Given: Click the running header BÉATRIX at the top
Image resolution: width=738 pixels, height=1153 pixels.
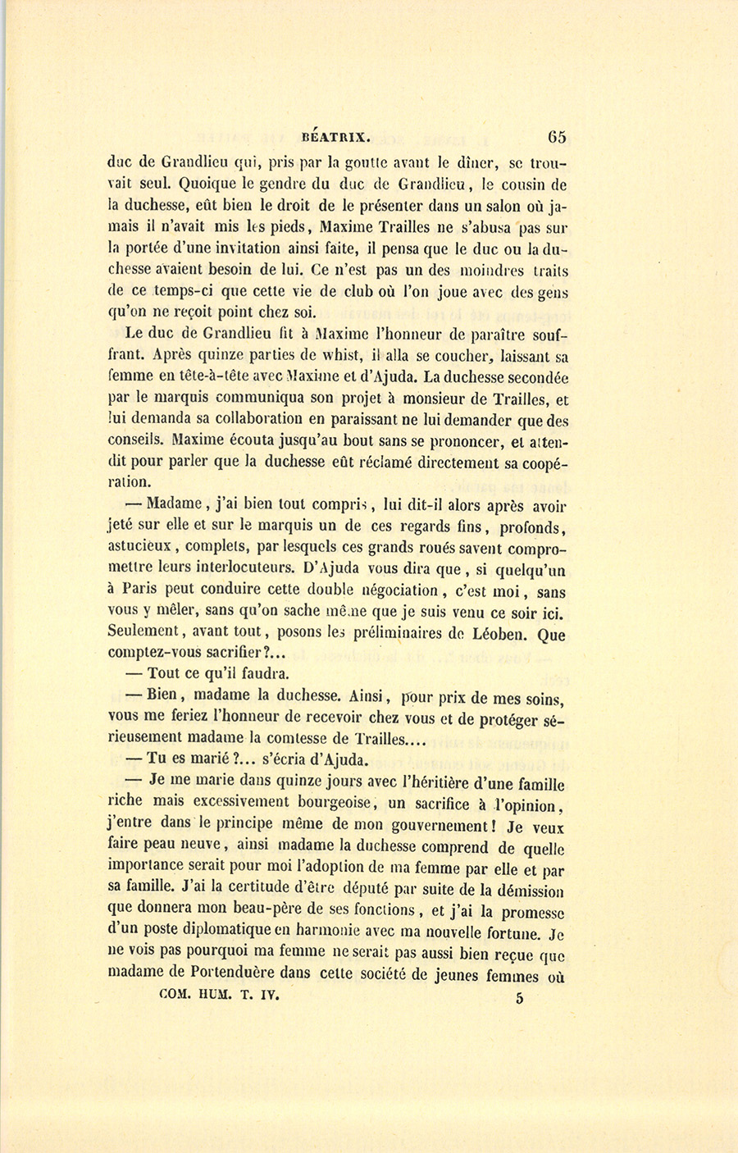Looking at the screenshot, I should pos(337,137).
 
